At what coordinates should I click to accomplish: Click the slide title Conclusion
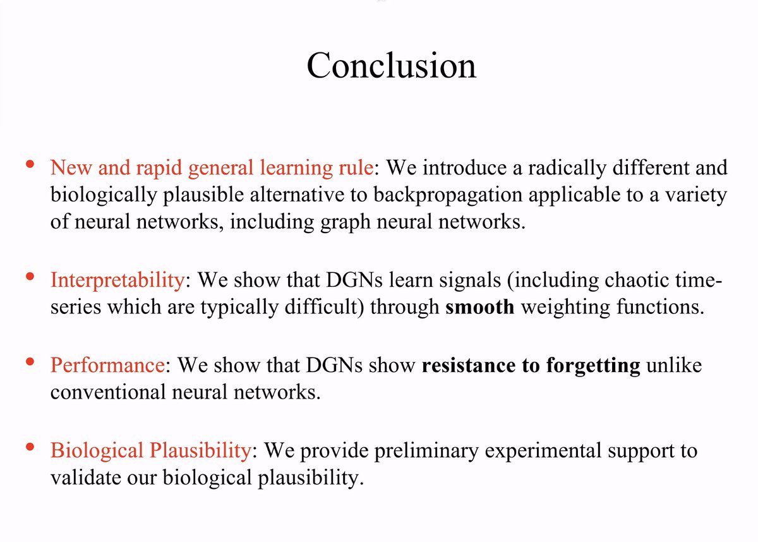pyautogui.click(x=391, y=65)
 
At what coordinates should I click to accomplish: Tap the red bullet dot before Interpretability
pyautogui.click(x=30, y=277)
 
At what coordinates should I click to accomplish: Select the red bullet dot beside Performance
pyautogui.click(x=30, y=362)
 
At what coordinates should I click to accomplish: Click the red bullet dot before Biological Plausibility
pyautogui.click(x=30, y=447)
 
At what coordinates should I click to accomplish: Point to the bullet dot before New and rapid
pyautogui.click(x=30, y=164)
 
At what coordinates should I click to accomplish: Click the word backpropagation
pyautogui.click(x=448, y=196)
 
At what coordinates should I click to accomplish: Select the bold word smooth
pyautogui.click(x=479, y=307)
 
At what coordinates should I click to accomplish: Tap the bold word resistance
pyautogui.click(x=469, y=366)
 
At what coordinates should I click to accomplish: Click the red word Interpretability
pyautogui.click(x=117, y=281)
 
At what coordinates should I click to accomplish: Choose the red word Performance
pyautogui.click(x=107, y=366)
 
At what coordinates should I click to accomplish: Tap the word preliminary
pyautogui.click(x=426, y=451)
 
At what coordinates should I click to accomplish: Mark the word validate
pyautogui.click(x=86, y=478)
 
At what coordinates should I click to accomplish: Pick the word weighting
pyautogui.click(x=565, y=308)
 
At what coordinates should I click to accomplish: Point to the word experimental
pyautogui.click(x=543, y=451)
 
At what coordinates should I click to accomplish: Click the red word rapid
pyautogui.click(x=159, y=169)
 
